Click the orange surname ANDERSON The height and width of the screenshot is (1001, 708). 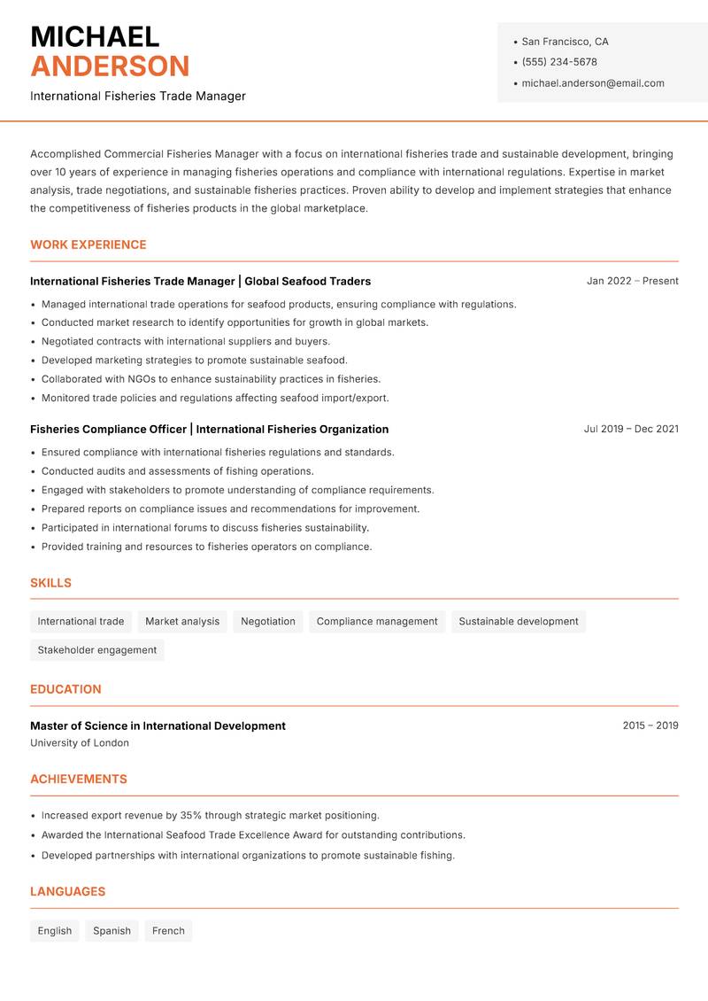click(110, 66)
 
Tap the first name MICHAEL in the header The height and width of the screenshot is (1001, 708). click(95, 36)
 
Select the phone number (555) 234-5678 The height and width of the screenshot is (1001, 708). click(559, 62)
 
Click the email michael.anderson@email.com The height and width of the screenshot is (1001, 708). click(593, 83)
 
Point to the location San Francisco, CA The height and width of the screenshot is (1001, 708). click(565, 42)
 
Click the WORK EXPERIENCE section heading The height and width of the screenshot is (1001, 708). click(88, 244)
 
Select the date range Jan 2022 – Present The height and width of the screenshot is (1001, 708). click(632, 281)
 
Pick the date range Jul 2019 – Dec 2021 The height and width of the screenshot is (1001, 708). click(631, 429)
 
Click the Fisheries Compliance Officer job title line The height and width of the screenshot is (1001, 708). click(209, 429)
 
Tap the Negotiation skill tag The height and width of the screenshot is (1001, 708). click(268, 621)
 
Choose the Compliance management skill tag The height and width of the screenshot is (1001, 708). click(377, 621)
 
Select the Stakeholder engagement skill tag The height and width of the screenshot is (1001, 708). click(97, 649)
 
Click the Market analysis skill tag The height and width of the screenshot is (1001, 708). click(182, 621)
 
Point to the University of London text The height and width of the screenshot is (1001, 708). click(80, 743)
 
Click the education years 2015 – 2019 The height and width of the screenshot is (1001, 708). click(650, 726)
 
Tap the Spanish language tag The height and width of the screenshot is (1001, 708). click(112, 930)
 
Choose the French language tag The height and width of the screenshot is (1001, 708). click(168, 930)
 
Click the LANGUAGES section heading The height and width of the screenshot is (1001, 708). click(67, 891)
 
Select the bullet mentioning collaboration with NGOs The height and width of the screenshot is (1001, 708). click(211, 379)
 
